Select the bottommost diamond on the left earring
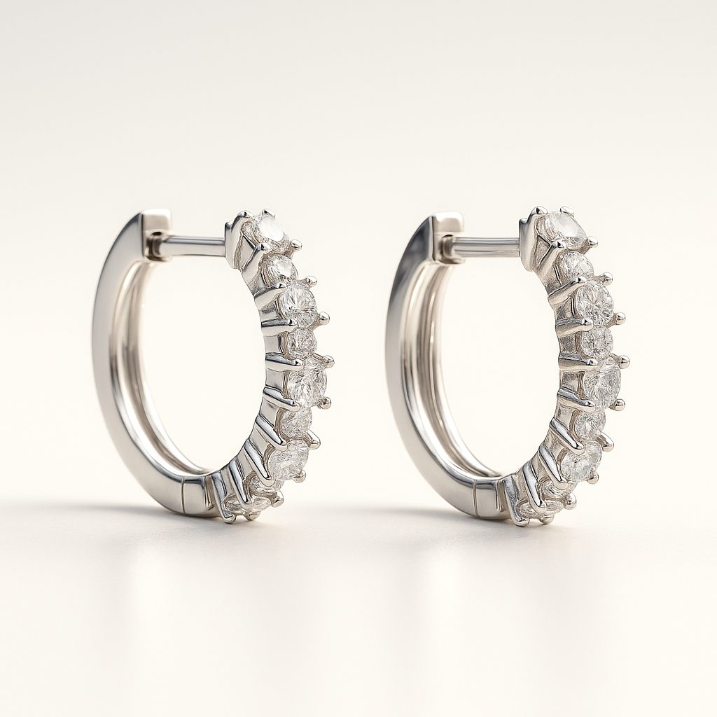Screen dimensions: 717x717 pyautogui.click(x=238, y=505)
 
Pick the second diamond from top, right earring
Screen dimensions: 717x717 pyautogui.click(x=576, y=267)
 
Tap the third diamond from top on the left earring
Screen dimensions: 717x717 pyautogui.click(x=297, y=304)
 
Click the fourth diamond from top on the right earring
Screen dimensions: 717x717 pyautogui.click(x=597, y=341)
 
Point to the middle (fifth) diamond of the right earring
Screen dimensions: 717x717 pyautogui.click(x=603, y=382)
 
